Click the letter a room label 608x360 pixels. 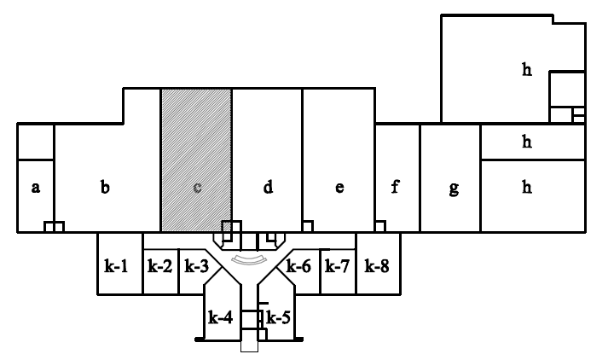tap(36, 188)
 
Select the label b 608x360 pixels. tap(104, 187)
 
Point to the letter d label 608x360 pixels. tap(268, 187)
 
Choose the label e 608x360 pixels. tap(339, 188)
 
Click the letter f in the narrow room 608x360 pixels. tap(396, 187)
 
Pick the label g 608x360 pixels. tap(453, 189)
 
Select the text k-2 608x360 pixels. tap(159, 266)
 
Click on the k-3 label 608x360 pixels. tap(197, 266)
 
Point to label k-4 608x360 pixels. tap(220, 318)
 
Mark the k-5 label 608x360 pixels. tap(279, 318)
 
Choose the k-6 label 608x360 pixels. tap(298, 266)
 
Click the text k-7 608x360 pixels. tap(338, 266)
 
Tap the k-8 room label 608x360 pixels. tap(376, 266)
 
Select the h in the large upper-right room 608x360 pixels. tap(527, 71)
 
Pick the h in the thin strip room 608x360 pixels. tap(527, 142)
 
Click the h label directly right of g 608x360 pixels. tap(527, 187)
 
